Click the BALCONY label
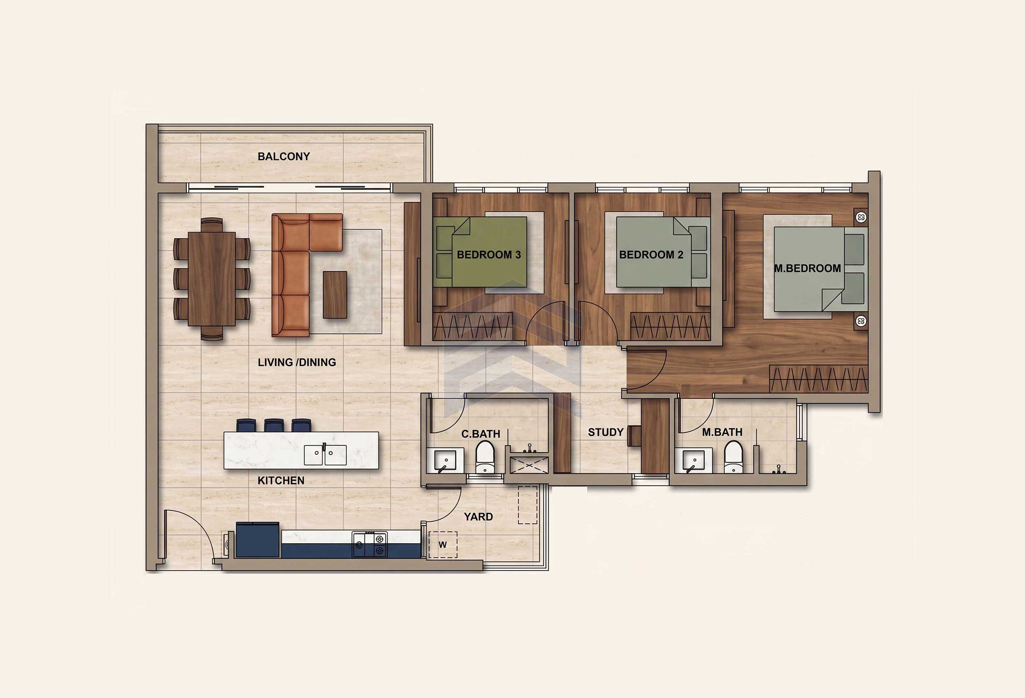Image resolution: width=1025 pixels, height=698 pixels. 283,156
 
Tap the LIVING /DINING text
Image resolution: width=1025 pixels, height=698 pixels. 297,362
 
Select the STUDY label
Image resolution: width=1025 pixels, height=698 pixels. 605,433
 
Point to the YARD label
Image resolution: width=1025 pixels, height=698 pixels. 478,517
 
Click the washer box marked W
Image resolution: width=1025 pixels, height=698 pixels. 443,545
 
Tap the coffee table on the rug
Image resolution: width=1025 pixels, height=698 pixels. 335,294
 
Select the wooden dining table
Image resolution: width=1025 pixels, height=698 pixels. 212,279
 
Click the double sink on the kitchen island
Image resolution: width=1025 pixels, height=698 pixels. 325,455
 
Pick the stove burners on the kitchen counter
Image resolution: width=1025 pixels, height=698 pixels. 369,545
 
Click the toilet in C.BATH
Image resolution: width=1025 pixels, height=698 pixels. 485,457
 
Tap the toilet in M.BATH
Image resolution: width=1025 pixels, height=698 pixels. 733,457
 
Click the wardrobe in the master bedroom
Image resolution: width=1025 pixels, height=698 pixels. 819,379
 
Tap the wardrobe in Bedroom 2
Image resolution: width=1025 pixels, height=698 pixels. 670,326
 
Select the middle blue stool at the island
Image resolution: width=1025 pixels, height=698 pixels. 274,425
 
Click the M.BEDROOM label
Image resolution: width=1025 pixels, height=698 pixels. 807,268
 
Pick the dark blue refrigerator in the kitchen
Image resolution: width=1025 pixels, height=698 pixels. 257,540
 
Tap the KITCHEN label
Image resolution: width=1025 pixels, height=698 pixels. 281,480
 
